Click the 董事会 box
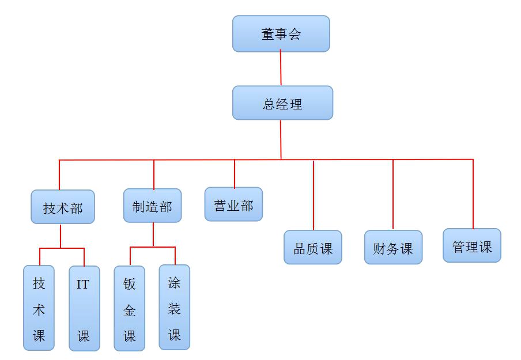tap(281, 33)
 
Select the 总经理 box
tap(282, 103)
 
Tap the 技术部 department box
tap(62, 207)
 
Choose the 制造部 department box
tap(152, 206)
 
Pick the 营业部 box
tap(233, 204)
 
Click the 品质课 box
tap(313, 248)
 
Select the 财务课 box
tap(393, 248)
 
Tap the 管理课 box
tap(472, 246)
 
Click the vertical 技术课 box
tap(39, 308)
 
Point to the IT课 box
tap(84, 309)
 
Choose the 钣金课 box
tap(129, 308)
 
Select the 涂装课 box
tap(174, 308)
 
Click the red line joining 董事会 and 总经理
tap(281, 69)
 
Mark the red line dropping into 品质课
tap(314, 196)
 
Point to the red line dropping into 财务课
tap(393, 196)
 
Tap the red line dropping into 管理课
tap(473, 194)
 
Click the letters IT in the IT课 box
tap(83, 285)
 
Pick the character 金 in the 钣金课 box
tap(130, 310)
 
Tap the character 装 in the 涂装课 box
tap(174, 309)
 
